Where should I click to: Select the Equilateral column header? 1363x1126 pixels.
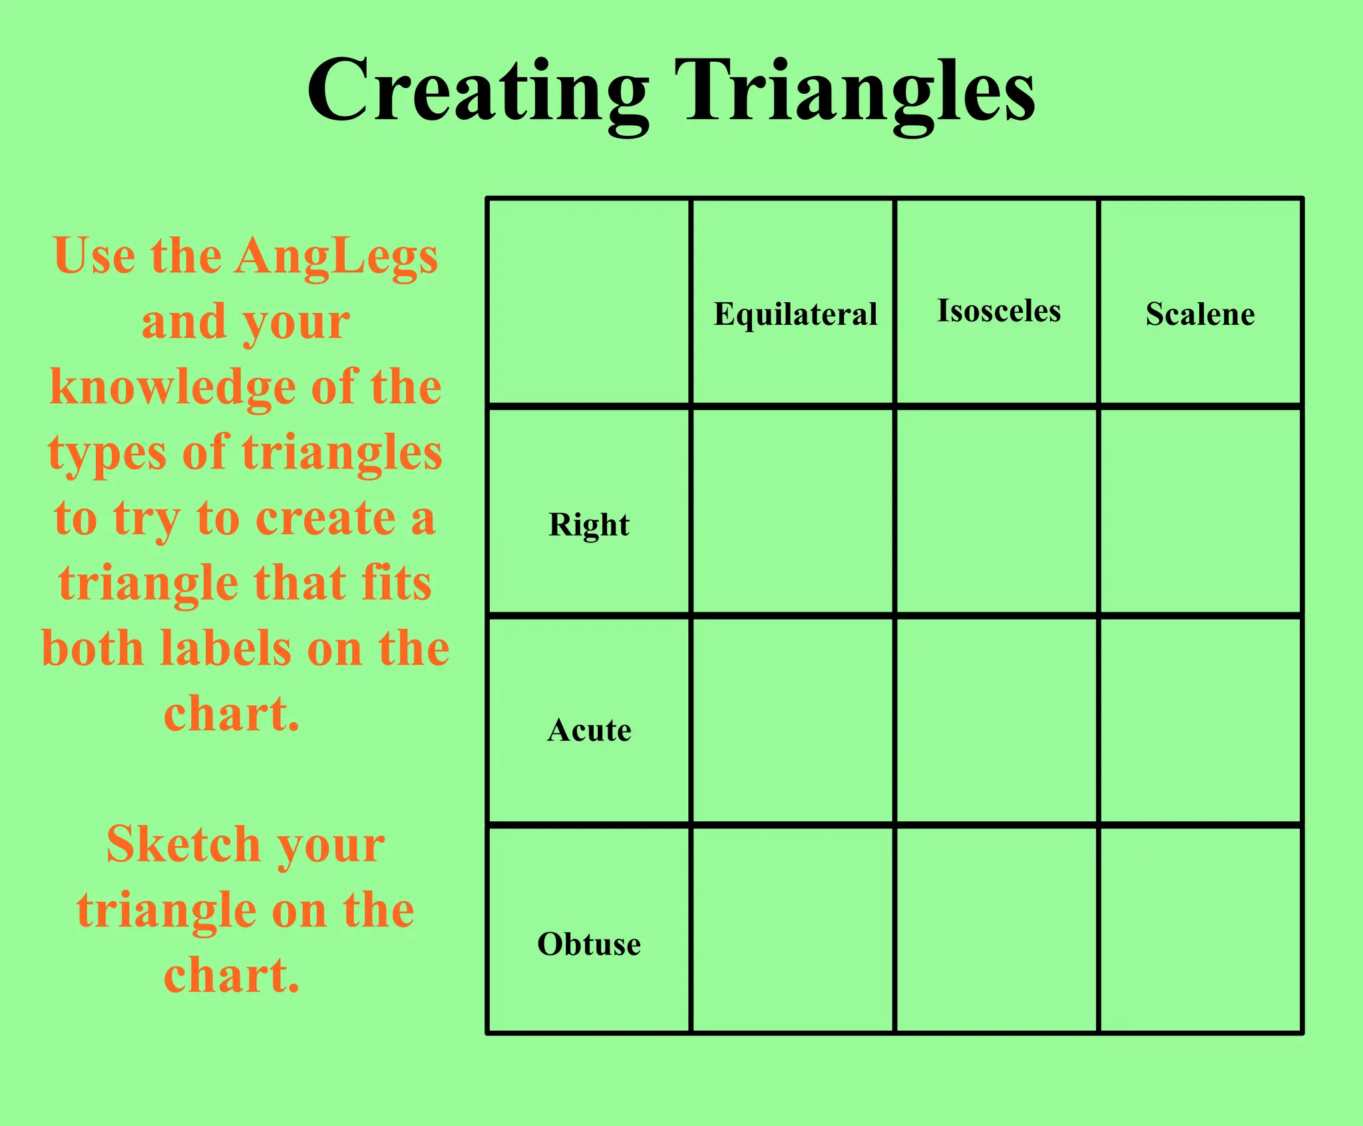795,314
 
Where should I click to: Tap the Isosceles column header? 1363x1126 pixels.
998,311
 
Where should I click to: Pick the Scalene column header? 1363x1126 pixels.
1200,314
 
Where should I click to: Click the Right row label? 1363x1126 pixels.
589,525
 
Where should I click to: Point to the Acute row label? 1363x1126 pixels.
589,731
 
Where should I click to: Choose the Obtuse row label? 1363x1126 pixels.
589,944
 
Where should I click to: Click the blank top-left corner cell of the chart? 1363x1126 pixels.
589,301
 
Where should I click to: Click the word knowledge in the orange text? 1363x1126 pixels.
172,388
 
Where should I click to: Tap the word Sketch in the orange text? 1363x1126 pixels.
183,844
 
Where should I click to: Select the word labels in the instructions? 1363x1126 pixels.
226,649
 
